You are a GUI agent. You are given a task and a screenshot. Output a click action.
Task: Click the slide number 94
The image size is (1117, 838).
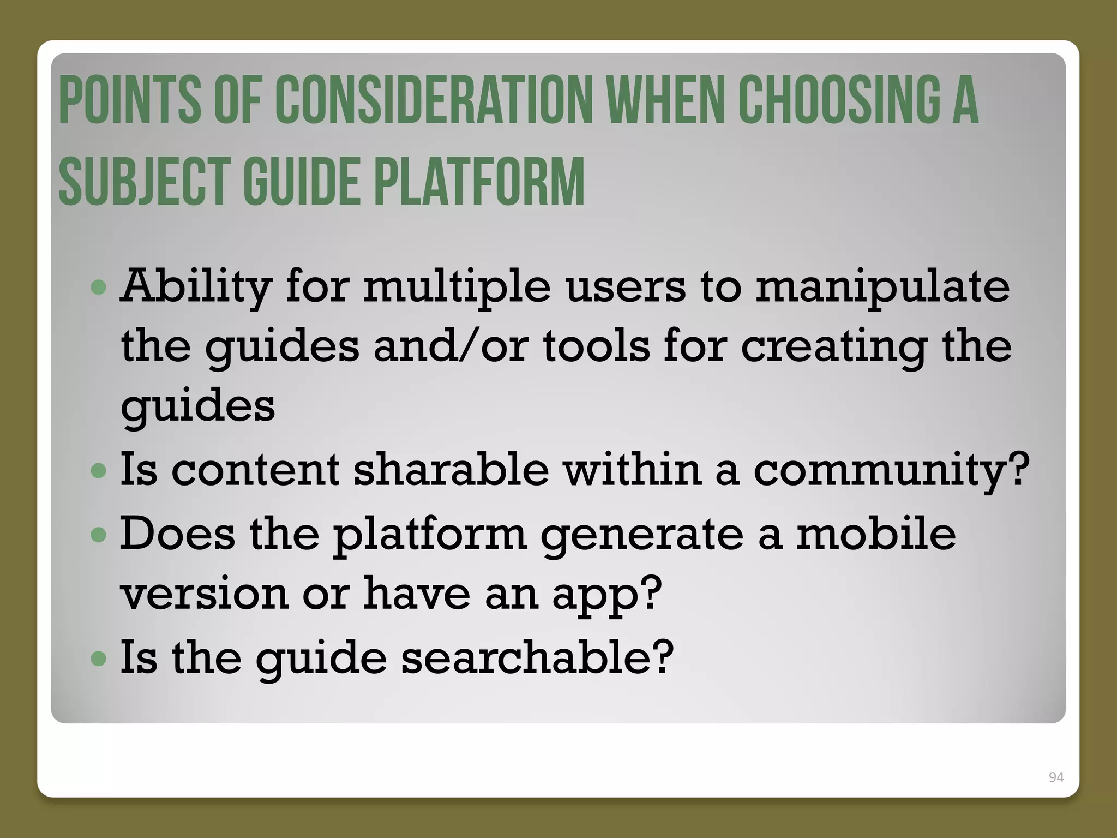point(1056,777)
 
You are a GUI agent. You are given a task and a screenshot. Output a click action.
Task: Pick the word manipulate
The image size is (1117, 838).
point(882,287)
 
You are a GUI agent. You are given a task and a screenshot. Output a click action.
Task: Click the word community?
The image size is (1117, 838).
point(891,470)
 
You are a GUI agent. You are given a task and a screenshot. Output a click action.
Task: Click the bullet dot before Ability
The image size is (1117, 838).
point(99,288)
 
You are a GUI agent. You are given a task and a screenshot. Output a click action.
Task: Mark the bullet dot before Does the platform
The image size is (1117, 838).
point(99,535)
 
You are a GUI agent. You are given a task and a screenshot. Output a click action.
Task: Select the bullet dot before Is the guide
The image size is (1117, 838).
point(99,659)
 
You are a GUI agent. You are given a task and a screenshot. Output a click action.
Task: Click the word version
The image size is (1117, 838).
point(204,594)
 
